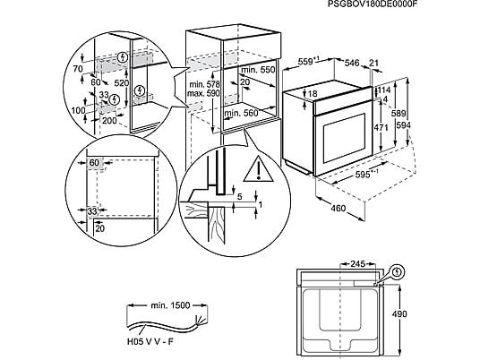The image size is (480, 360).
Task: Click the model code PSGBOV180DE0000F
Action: click(x=373, y=4)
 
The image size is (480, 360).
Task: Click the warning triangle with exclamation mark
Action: click(x=259, y=169)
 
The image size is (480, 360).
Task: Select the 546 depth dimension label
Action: click(x=352, y=63)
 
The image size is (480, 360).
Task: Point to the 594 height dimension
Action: click(x=404, y=125)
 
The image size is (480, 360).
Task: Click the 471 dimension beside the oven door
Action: click(x=381, y=127)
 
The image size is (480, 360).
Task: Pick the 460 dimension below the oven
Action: click(x=338, y=208)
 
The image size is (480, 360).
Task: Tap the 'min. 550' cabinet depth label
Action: click(x=258, y=70)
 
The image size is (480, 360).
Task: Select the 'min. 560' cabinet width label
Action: click(x=241, y=113)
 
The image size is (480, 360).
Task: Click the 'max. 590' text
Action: click(x=203, y=93)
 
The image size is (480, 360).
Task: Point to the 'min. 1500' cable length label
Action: click(x=170, y=305)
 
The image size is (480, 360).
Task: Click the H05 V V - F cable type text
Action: click(x=150, y=341)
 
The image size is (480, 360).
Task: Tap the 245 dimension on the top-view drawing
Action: click(x=358, y=263)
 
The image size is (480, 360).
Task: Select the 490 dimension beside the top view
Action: click(x=399, y=313)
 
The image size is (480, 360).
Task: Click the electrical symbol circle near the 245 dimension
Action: click(x=398, y=272)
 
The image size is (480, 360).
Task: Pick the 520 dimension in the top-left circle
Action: click(x=121, y=83)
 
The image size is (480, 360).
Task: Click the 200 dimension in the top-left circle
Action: click(x=109, y=120)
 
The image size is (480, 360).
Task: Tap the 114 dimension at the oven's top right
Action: click(x=384, y=90)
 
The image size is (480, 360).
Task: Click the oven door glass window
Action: click(x=345, y=138)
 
